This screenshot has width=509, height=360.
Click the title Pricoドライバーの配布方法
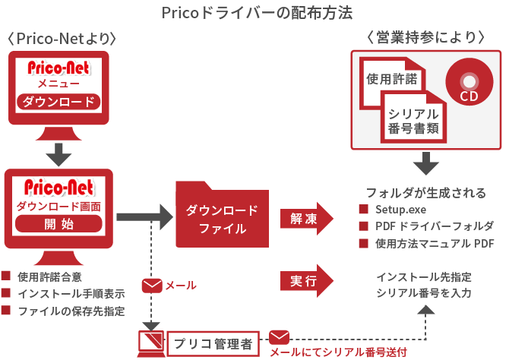257,13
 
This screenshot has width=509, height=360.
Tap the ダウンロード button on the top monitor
58,102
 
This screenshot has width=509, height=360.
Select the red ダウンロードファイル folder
222,219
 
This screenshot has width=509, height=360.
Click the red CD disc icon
469,85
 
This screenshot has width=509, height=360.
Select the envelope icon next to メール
152,286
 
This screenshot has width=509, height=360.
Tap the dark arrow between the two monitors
58,154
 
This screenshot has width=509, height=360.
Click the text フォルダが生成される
425,193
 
